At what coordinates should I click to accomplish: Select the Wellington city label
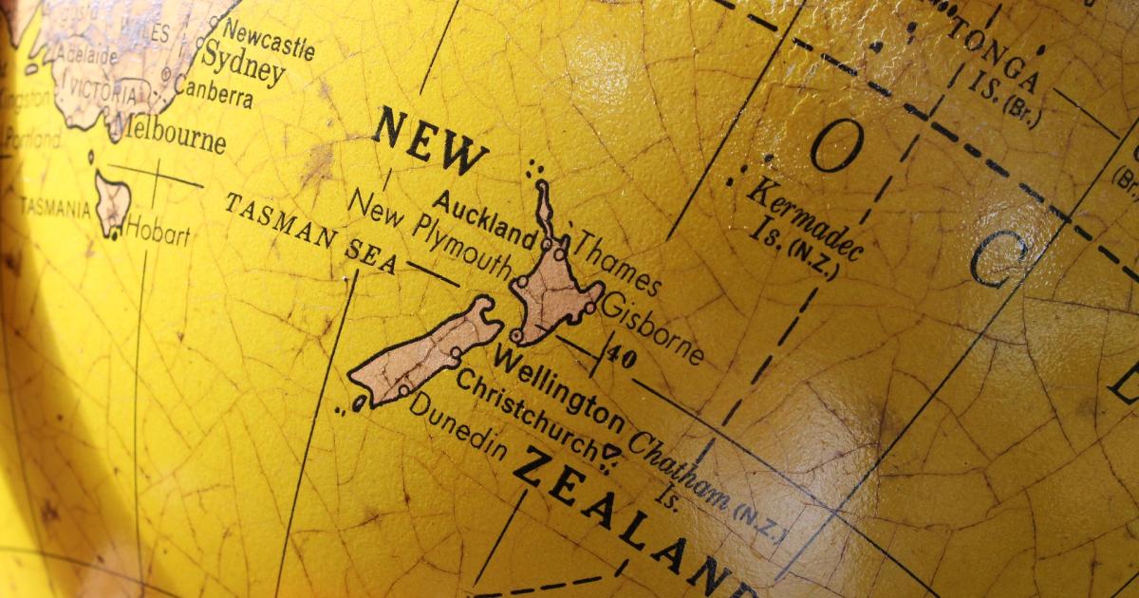pos(559,388)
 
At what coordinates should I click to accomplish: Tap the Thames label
pos(618,262)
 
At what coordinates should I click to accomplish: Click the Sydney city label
pos(243,67)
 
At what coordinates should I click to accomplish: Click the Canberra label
pos(214,93)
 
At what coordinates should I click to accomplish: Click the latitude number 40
pos(623,358)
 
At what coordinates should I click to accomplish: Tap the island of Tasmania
pos(111,200)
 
